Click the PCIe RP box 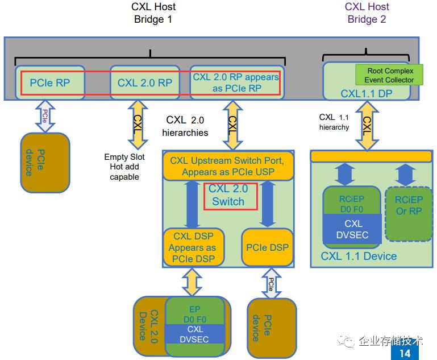pos(50,82)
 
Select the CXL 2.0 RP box pos(144,82)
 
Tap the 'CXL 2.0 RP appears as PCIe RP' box pos(236,82)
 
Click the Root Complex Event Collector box pos(390,75)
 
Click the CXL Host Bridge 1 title pos(152,13)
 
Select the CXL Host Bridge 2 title pos(367,13)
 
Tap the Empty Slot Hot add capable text pos(124,167)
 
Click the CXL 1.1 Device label pos(359,256)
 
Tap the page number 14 pos(405,353)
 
